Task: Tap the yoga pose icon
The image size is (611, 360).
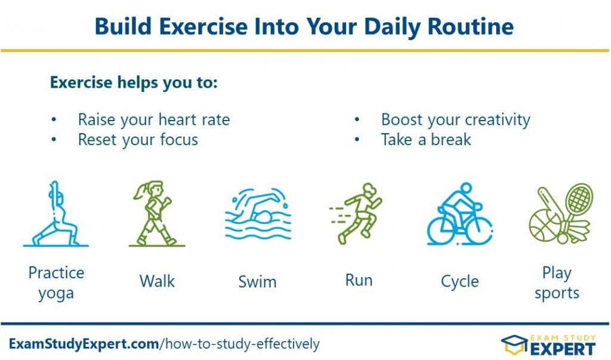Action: pos(56,214)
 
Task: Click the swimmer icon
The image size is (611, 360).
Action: pos(258,214)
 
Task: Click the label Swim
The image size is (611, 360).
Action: pos(258,282)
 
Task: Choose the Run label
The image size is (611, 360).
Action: pos(359,281)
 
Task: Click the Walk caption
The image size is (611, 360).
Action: pos(157,281)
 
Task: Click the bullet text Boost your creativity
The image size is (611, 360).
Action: pos(455,120)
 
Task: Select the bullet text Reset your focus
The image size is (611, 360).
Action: pos(138,140)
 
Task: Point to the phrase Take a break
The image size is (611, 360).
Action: pos(426,140)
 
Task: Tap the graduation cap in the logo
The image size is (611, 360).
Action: pos(514,345)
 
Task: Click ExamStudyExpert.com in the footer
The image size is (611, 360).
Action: pos(84,344)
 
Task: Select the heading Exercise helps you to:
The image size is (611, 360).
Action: pos(134,83)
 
